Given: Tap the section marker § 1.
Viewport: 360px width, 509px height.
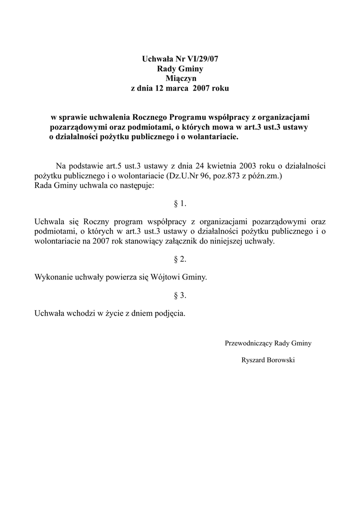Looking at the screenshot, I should click(x=180, y=203).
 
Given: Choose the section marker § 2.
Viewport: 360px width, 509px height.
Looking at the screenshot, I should click(x=180, y=259).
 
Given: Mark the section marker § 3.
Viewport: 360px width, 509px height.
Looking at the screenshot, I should click(x=180, y=295).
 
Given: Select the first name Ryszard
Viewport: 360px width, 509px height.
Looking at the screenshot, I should click(x=254, y=360).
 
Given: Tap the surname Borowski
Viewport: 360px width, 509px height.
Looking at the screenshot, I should click(x=281, y=360).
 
